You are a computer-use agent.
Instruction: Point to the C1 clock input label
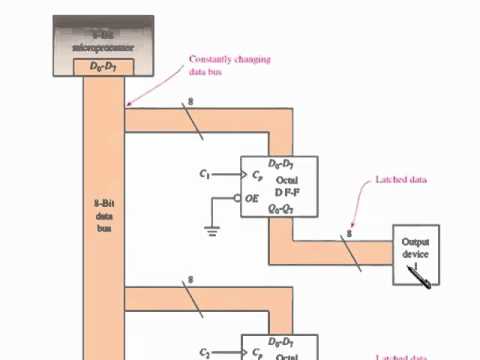(206, 174)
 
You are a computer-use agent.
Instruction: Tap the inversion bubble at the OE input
(237, 198)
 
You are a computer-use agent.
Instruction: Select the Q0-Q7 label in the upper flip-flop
(280, 210)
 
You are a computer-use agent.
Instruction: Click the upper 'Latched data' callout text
(400, 180)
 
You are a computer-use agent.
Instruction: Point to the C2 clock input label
(206, 352)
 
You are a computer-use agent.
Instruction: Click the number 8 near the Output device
(348, 236)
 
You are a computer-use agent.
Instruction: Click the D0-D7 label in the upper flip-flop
(280, 163)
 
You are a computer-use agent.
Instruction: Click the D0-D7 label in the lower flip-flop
(280, 342)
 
